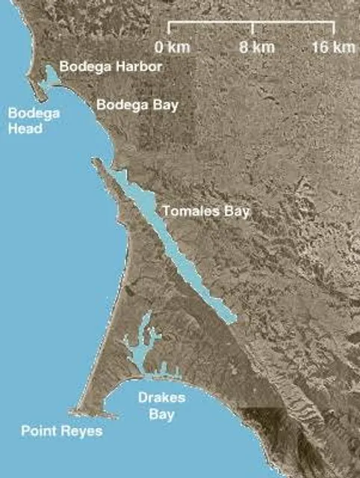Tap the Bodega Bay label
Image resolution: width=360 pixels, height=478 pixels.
tap(137, 105)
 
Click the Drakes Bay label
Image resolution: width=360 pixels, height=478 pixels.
tap(161, 405)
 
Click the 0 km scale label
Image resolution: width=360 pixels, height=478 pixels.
tap(173, 47)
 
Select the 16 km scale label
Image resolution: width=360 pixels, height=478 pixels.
tap(333, 47)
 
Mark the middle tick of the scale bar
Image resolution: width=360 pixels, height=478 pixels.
tap(253, 29)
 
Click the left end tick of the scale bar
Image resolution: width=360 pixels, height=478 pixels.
tap(169, 29)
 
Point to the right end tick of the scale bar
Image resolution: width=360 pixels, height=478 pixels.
tap(334, 29)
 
